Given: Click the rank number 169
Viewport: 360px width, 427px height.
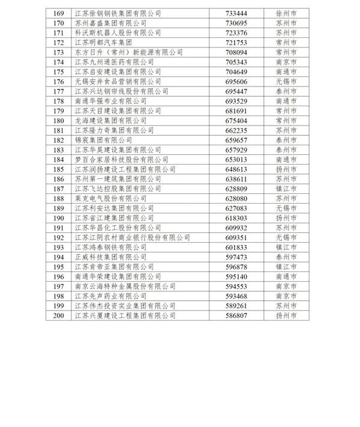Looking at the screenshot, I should point(58,12).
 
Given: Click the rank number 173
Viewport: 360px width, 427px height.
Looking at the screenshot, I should point(58,52).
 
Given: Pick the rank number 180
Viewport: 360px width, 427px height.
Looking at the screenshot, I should point(58,121).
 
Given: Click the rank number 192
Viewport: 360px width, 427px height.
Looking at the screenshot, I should point(58,237).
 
